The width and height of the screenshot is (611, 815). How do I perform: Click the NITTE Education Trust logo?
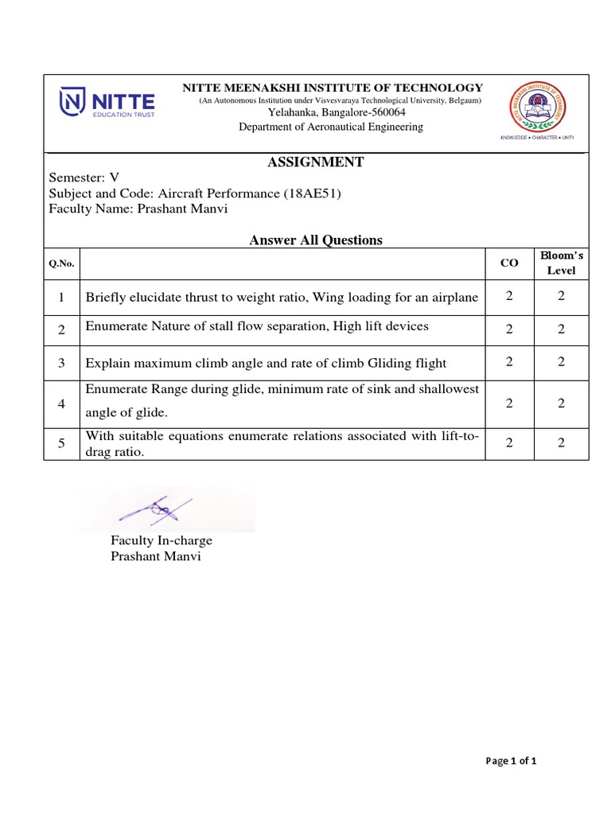coord(107,104)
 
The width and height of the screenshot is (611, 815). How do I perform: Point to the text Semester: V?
coord(84,178)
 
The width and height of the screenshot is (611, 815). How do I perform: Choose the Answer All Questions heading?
coord(316,240)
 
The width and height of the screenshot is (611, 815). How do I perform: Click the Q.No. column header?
coord(61,263)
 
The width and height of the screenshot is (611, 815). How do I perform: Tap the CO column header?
coord(508,263)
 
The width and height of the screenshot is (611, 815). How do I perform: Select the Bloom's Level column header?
coord(561,263)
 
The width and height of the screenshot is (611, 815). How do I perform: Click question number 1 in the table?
coord(61,297)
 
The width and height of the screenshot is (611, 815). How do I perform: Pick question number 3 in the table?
coord(61,362)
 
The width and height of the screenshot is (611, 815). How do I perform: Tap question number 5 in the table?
coord(61,443)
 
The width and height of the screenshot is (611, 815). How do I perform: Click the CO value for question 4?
coord(508,403)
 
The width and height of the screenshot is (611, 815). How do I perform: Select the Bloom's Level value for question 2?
coord(561,330)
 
